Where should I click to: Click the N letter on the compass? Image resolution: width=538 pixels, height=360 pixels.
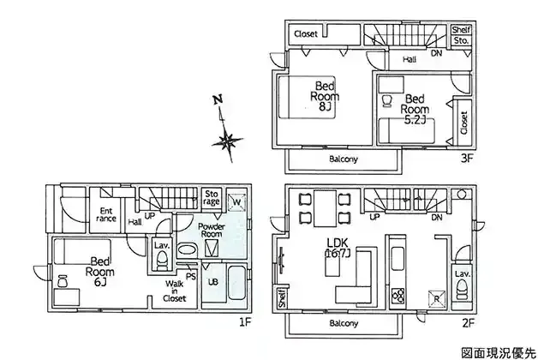(x=218, y=99)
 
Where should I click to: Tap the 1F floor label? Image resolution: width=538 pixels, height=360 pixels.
(x=245, y=322)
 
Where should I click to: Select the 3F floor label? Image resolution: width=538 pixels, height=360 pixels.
(x=467, y=159)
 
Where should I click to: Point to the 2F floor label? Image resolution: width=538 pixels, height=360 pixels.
(x=468, y=323)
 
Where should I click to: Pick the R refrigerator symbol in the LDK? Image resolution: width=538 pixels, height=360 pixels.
(x=436, y=298)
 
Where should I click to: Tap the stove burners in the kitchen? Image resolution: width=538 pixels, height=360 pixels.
(x=398, y=296)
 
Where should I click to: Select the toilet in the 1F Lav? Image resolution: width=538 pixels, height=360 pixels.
(x=162, y=260)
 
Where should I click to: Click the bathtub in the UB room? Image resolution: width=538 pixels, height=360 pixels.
(x=237, y=283)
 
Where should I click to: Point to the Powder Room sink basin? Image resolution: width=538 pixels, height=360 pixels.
(x=186, y=249)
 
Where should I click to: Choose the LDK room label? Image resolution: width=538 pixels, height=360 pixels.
(x=338, y=248)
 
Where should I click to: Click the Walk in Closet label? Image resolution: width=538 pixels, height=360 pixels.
(x=175, y=291)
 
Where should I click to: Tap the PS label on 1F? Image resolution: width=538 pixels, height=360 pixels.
(x=190, y=276)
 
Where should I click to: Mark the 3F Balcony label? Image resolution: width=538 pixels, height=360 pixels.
(x=344, y=159)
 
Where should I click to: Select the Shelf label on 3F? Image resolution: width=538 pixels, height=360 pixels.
(x=461, y=30)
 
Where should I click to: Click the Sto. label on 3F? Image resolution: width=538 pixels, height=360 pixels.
(x=461, y=40)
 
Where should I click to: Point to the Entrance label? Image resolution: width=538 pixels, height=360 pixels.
(x=106, y=214)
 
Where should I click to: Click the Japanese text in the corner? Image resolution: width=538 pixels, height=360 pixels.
(x=498, y=352)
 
